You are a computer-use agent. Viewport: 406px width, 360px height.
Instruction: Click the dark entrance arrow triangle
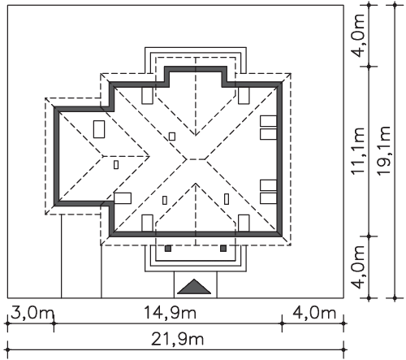194,288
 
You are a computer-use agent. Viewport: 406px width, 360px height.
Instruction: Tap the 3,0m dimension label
32,313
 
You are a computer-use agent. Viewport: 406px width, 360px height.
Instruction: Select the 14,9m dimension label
170,313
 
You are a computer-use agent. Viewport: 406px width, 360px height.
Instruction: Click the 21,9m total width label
177,339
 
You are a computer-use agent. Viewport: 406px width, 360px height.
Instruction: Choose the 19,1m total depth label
383,150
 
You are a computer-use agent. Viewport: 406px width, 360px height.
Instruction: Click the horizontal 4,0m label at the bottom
314,313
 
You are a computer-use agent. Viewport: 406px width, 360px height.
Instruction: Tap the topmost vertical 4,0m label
359,36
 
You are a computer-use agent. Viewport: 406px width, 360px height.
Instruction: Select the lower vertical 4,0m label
359,267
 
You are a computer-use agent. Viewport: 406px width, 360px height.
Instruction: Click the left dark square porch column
168,249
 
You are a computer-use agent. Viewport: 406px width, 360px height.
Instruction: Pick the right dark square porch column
223,249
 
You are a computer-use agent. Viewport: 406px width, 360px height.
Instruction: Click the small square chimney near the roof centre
172,137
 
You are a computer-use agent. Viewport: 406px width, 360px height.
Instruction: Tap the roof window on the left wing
99,129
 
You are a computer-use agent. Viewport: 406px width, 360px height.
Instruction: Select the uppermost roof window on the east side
269,121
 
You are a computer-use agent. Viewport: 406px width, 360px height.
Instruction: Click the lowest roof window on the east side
269,198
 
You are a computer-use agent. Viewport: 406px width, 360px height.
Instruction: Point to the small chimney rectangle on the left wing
116,165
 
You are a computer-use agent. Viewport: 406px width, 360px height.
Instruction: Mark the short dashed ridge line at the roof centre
196,159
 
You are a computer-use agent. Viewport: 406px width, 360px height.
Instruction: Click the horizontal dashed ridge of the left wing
126,156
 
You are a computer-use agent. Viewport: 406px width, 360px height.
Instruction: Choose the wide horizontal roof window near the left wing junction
123,198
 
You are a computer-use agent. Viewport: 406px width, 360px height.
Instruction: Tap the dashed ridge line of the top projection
196,96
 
